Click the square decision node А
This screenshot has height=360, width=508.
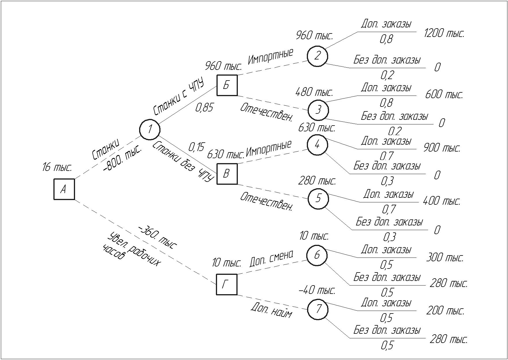point(64,189)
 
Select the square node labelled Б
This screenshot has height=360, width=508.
point(227,85)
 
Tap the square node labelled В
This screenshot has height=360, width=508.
point(227,174)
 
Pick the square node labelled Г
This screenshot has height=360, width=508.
point(227,285)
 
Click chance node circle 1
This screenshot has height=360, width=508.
point(150,129)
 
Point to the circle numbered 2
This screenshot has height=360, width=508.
point(317,56)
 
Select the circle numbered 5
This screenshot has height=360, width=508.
point(318,198)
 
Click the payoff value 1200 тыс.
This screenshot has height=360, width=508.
point(444,33)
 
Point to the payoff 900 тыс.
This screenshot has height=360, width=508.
point(442,148)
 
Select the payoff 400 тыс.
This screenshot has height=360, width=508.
point(441,201)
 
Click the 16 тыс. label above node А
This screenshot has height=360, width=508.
point(57,167)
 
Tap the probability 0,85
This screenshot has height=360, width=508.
point(204,108)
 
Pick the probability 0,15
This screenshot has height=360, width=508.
point(196,147)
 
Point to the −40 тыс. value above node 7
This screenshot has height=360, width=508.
point(317,290)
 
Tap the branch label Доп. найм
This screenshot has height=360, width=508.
point(271,310)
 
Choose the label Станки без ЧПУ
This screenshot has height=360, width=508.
point(182,162)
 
